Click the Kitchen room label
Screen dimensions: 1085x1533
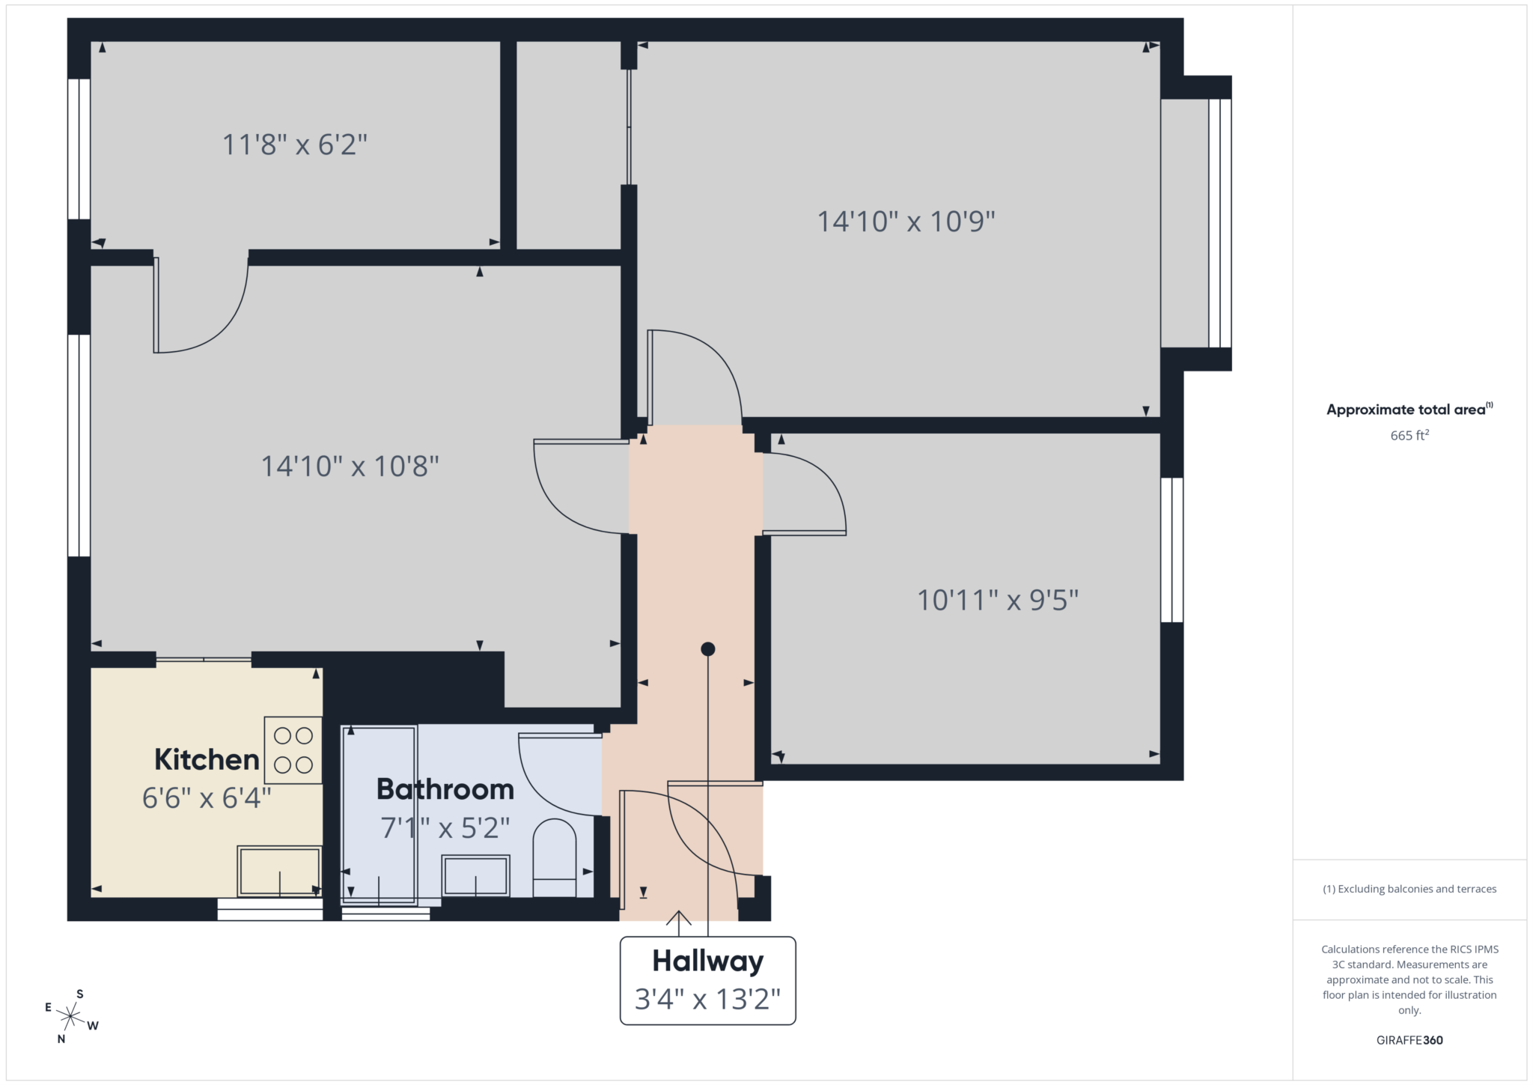pyautogui.click(x=207, y=759)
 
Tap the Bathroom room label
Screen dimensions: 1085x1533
pyautogui.click(x=445, y=789)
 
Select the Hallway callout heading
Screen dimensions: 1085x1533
pyautogui.click(x=707, y=961)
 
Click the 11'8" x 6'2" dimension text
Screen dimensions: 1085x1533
pyautogui.click(x=295, y=145)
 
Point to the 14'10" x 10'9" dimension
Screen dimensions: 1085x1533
pyautogui.click(x=906, y=222)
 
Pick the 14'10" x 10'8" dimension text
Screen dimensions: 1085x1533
pyautogui.click(x=350, y=466)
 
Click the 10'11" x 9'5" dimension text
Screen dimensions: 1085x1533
pyautogui.click(x=998, y=601)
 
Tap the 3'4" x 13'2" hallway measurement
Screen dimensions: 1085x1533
pyautogui.click(x=707, y=999)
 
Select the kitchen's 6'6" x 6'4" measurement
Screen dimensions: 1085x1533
pyautogui.click(x=207, y=798)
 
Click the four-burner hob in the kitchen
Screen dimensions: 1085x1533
pyautogui.click(x=293, y=750)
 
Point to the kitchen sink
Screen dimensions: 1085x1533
pyautogui.click(x=279, y=871)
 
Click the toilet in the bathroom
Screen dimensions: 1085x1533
pyautogui.click(x=554, y=857)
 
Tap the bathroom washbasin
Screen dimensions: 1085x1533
pyautogui.click(x=475, y=875)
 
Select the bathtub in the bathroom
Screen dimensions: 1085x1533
pyautogui.click(x=380, y=815)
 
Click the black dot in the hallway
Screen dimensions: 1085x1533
pyautogui.click(x=707, y=649)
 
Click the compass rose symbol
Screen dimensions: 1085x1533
pyautogui.click(x=71, y=1016)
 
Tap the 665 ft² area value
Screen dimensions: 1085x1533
pyautogui.click(x=1409, y=435)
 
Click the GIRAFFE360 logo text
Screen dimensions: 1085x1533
pyautogui.click(x=1409, y=1040)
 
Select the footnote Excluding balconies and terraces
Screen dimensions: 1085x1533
pyautogui.click(x=1409, y=889)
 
